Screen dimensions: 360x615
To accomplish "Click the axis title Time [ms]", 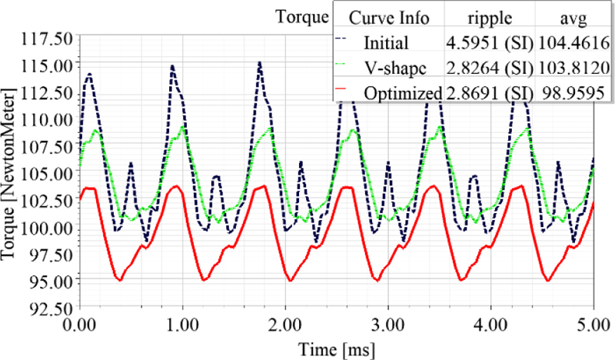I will (337, 348).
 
